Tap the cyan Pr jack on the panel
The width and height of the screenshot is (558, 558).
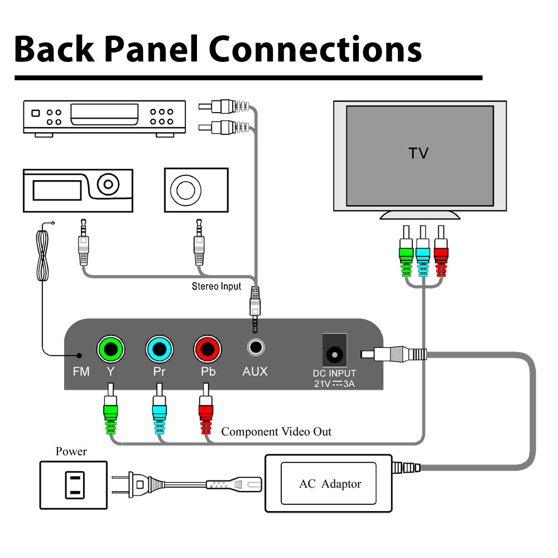(x=160, y=349)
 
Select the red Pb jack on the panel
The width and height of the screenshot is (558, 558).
(x=208, y=349)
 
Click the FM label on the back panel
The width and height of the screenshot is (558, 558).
(x=81, y=372)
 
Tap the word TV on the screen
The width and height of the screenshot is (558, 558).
(x=419, y=153)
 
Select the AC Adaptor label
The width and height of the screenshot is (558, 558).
(x=330, y=484)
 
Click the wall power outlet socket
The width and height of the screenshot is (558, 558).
(x=73, y=484)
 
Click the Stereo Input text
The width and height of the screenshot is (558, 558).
(x=217, y=286)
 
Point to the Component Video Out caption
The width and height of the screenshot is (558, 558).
(x=276, y=432)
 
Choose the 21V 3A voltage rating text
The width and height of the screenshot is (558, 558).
(x=334, y=384)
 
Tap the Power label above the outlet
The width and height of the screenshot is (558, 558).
(x=71, y=451)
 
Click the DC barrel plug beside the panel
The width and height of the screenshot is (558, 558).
(x=393, y=353)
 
